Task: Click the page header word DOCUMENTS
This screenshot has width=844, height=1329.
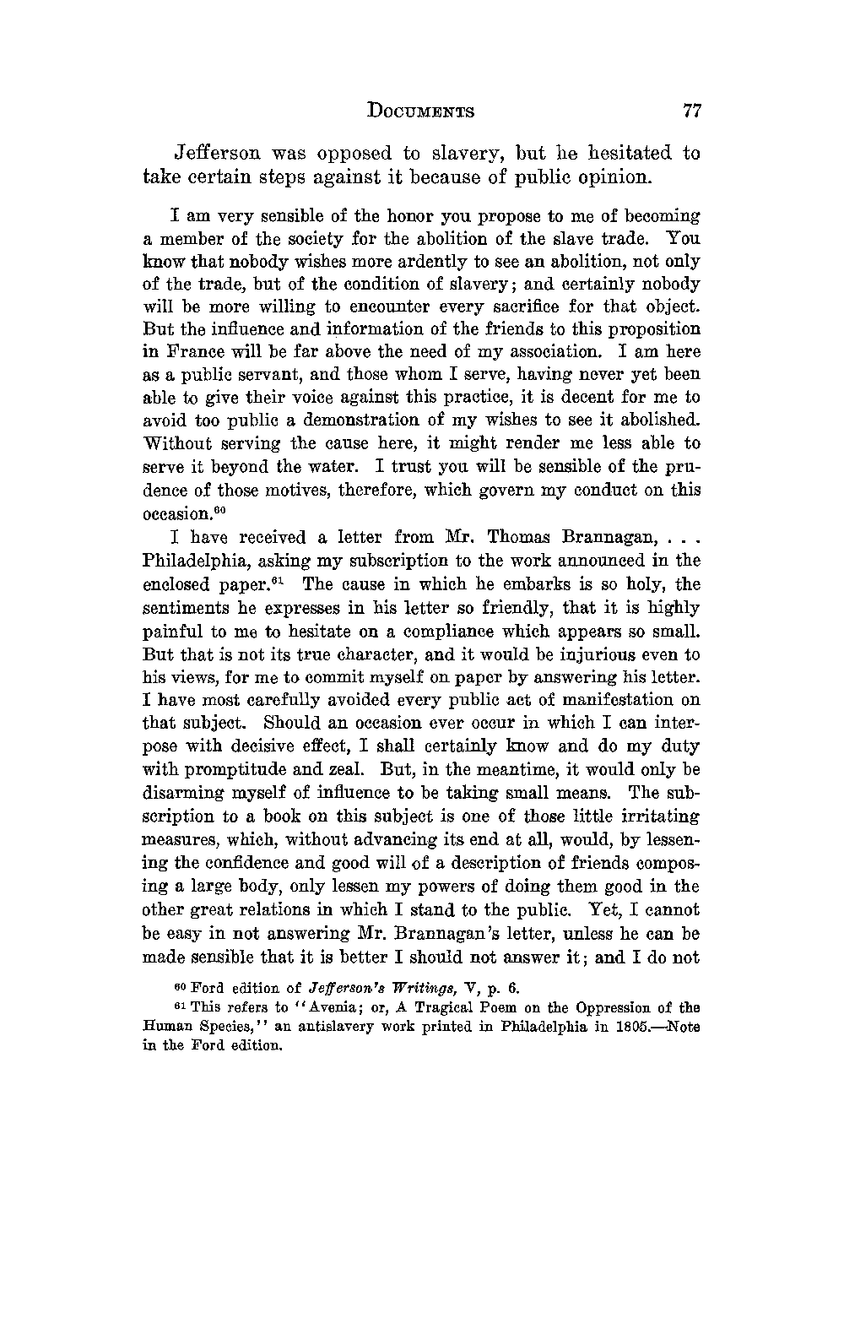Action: point(421,111)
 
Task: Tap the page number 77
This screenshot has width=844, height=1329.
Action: point(692,111)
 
